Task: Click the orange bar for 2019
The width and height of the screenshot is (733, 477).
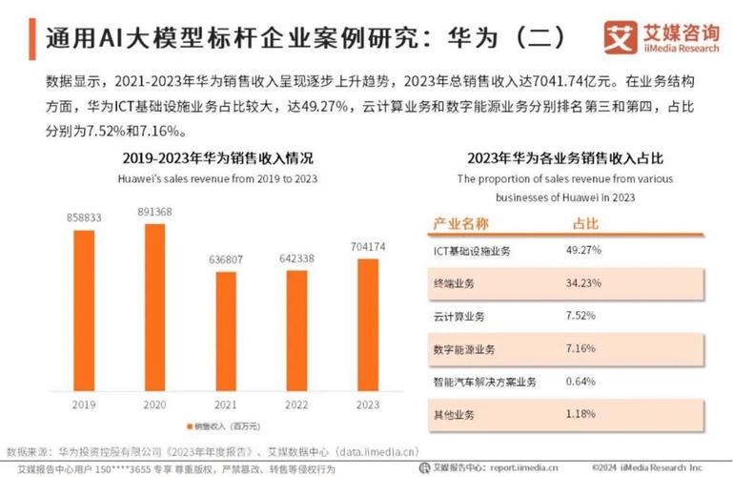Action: [x=84, y=310]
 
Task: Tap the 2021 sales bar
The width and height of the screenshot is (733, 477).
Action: [x=225, y=331]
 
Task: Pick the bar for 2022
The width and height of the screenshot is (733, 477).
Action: [x=296, y=330]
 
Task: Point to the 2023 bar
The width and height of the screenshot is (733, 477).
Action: [x=366, y=324]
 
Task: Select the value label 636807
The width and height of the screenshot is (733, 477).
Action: [x=225, y=259]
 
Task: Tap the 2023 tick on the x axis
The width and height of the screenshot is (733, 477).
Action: [x=366, y=404]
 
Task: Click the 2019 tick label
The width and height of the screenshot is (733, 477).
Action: [x=84, y=404]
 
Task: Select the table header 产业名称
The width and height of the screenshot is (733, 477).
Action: [x=461, y=223]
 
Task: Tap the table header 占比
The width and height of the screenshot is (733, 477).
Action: [x=584, y=223]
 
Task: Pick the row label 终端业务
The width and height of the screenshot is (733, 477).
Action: [x=457, y=283]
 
